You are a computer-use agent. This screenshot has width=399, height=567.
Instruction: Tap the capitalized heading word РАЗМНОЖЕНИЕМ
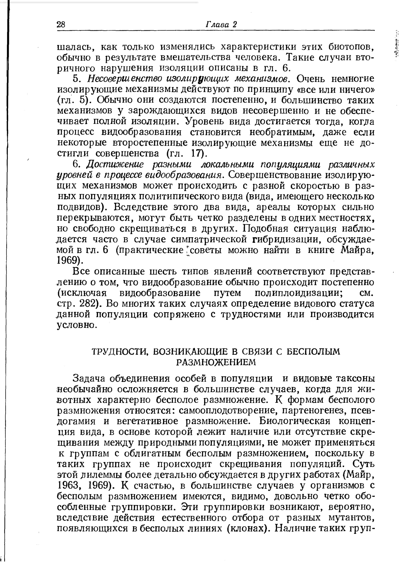215,362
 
